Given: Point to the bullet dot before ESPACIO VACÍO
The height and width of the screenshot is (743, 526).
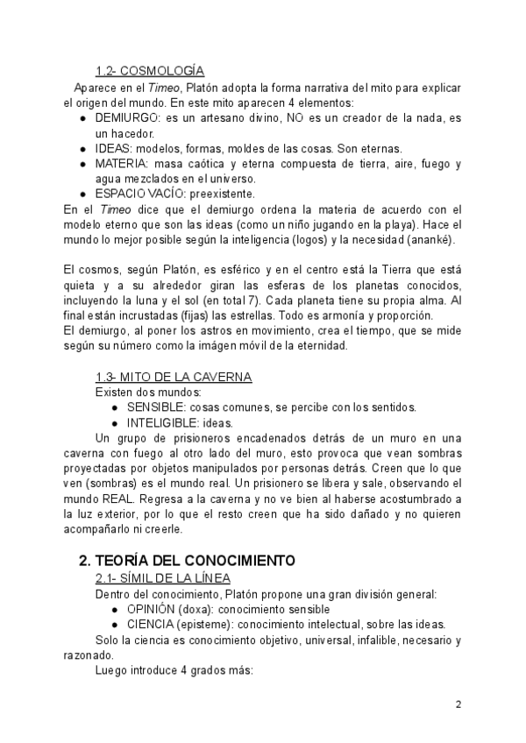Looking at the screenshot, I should click(x=82, y=193).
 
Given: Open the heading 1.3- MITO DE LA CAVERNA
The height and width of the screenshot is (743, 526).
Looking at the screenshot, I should click(x=174, y=377).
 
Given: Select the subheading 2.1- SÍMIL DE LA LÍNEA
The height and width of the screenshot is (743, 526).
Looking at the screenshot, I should click(x=163, y=578).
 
